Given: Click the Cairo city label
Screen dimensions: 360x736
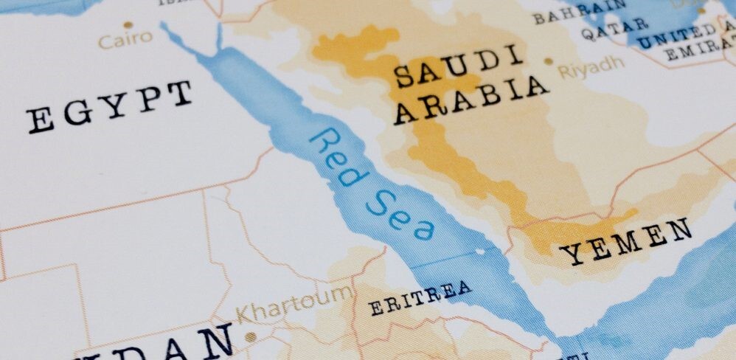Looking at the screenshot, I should tap(125, 38).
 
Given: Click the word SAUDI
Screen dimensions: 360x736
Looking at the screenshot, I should tap(448, 70).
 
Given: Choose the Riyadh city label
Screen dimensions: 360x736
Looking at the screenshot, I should tap(591, 68).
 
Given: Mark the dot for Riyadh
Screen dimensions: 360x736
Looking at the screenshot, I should tap(548, 63).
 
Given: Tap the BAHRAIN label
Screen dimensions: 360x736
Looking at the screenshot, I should tap(579, 13).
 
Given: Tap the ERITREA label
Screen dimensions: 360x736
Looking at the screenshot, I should tap(420, 297).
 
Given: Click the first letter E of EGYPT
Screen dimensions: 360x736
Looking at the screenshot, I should tap(41, 120).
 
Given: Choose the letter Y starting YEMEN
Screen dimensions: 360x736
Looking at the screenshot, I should tap(572, 255).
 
